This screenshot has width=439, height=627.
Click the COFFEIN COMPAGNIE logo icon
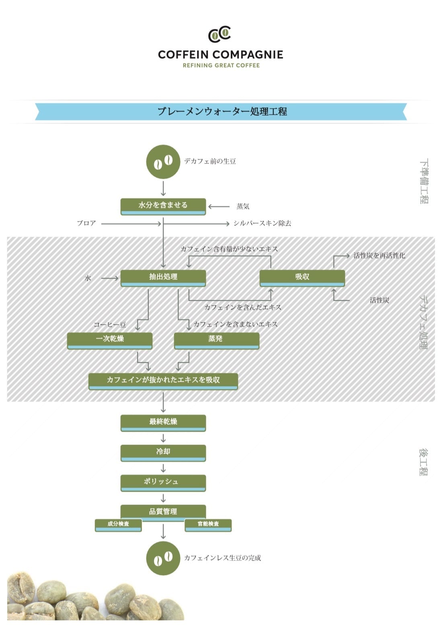tap(219, 34)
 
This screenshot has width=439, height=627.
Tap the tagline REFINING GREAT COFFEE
tap(221, 66)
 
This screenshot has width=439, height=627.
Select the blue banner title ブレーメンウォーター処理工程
tap(222, 112)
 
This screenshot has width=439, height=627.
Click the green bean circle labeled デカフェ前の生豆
tap(163, 162)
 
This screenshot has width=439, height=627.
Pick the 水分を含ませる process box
tap(163, 207)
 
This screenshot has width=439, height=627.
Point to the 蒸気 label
tap(242, 207)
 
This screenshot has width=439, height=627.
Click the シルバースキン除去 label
tap(262, 223)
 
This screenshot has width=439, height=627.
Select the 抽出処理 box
tap(163, 278)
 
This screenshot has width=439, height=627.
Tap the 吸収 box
tap(302, 278)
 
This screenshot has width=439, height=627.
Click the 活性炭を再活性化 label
tap(379, 256)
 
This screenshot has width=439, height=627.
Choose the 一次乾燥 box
tap(109, 341)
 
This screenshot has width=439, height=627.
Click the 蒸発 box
tap(217, 341)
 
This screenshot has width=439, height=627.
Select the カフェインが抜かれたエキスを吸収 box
tap(163, 381)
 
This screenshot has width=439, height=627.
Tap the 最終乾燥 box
tap(163, 423)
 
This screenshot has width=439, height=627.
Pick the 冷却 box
tap(163, 453)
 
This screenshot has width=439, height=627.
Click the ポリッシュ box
tap(163, 483)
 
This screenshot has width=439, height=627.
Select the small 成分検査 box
tap(118, 525)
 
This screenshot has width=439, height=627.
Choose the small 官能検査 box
tap(208, 525)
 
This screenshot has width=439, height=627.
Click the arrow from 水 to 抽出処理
tap(110, 278)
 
